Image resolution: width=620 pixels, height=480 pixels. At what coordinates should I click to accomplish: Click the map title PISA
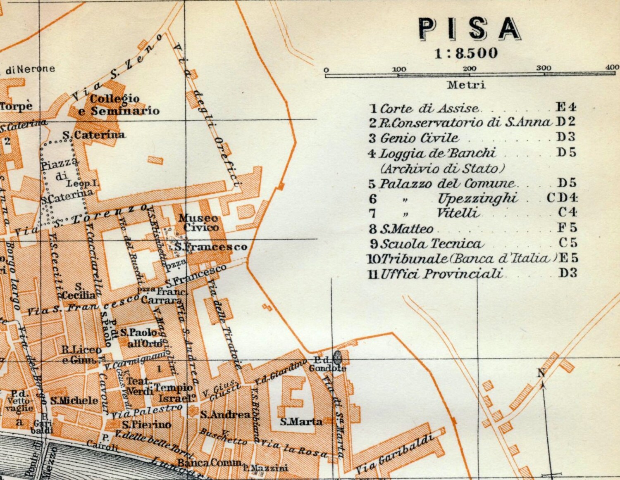[469, 29]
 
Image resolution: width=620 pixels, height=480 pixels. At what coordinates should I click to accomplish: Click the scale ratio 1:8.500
[466, 53]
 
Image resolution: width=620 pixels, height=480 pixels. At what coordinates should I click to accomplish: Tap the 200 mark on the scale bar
[470, 69]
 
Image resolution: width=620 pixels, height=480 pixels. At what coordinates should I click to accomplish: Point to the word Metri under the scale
[466, 85]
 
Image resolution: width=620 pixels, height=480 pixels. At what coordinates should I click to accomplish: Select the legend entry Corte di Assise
[429, 108]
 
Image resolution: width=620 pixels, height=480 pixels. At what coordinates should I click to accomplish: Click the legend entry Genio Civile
[419, 138]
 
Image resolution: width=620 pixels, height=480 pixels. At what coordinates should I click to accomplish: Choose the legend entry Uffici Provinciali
[441, 273]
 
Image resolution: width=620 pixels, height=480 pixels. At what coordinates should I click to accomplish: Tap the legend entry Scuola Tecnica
[431, 244]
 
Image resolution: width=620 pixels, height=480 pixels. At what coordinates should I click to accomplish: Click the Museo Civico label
[199, 223]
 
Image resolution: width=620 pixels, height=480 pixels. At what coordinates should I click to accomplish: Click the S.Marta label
[300, 422]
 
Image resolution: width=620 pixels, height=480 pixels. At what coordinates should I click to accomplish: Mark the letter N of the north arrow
[541, 373]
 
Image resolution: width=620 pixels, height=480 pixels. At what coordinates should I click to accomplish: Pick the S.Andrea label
[225, 414]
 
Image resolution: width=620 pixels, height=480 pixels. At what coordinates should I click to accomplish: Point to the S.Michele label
[74, 400]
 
